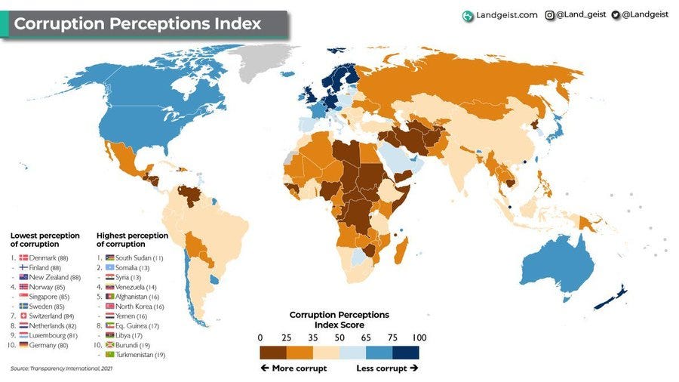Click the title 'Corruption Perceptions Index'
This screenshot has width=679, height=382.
coord(137,23)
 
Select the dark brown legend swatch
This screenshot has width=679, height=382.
coord(273,352)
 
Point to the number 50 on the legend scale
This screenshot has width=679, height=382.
coord(339,337)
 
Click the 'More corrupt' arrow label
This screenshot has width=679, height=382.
coord(293,368)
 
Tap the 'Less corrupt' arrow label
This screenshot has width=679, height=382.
coord(386,368)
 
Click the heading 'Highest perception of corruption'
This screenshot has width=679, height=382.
coord(132,240)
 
